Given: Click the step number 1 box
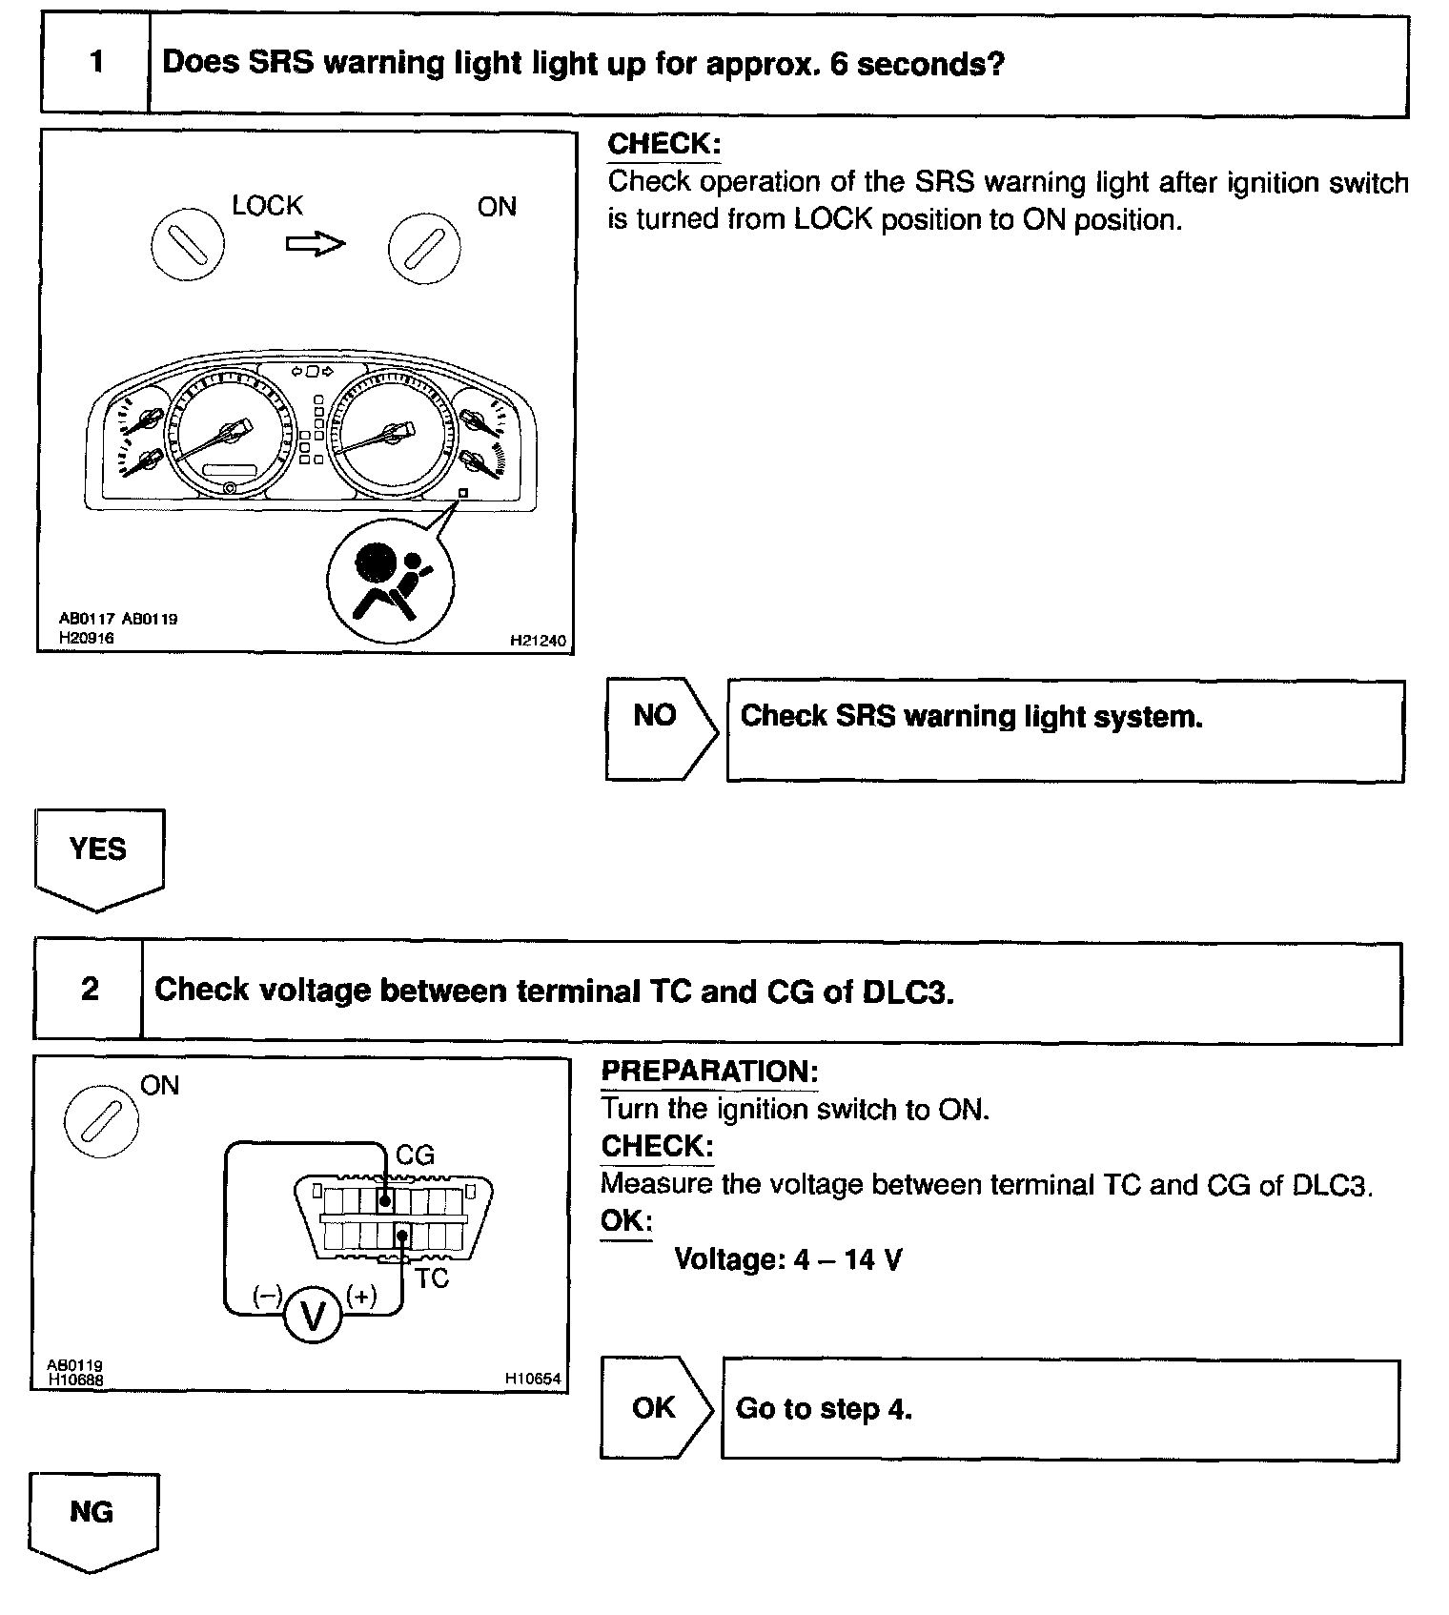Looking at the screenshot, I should click(x=95, y=64).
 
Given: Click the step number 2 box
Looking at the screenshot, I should click(x=90, y=990).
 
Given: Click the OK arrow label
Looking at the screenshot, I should click(x=654, y=1408).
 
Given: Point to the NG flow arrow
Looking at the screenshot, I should click(x=92, y=1517).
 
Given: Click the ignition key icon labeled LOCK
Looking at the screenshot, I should click(x=188, y=244).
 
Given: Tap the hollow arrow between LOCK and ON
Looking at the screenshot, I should click(x=316, y=244).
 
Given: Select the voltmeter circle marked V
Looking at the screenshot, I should click(x=313, y=1317).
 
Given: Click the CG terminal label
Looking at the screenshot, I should click(x=415, y=1155).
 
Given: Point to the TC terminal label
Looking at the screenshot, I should click(x=431, y=1278).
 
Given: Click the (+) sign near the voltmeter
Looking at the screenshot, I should click(x=362, y=1295).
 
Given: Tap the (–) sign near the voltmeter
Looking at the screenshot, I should click(x=268, y=1295).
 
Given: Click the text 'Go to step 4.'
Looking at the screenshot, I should click(x=824, y=1408).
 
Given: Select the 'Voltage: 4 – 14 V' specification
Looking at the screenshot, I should click(x=787, y=1259).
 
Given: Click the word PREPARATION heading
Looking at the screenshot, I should click(x=709, y=1072).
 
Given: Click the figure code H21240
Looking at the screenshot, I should click(x=538, y=641).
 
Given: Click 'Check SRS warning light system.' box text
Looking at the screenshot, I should click(x=970, y=716).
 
